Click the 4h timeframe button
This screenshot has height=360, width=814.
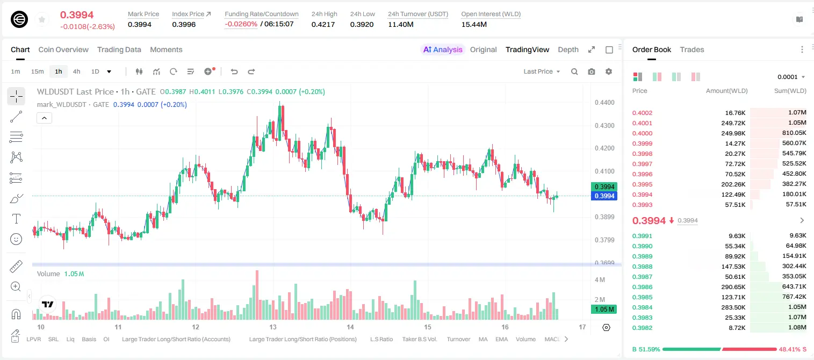pos(76,71)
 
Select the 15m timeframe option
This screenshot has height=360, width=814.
pos(37,71)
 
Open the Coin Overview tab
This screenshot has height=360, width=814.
pos(63,49)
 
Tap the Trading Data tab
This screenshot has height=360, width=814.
pos(119,49)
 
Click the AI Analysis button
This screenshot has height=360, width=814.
pos(443,49)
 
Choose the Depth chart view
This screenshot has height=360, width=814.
pos(568,49)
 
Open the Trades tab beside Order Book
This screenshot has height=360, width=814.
pos(692,49)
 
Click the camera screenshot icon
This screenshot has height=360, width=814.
pos(592,71)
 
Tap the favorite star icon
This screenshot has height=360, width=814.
pos(42,19)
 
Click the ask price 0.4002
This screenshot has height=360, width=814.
pos(642,113)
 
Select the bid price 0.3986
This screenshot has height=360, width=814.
pos(642,287)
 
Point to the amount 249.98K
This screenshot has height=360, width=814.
pos(733,133)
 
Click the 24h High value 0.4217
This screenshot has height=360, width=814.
pos(323,24)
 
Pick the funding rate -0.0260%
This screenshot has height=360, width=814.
pos(241,24)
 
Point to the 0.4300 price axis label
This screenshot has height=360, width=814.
pos(604,126)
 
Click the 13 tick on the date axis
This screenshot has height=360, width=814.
pos(273,327)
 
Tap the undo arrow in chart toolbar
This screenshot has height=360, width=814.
pos(234,71)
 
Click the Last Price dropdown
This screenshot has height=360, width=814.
pos(542,71)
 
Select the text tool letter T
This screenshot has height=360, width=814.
pos(16,219)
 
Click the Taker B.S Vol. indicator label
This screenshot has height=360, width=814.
pos(419,339)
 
